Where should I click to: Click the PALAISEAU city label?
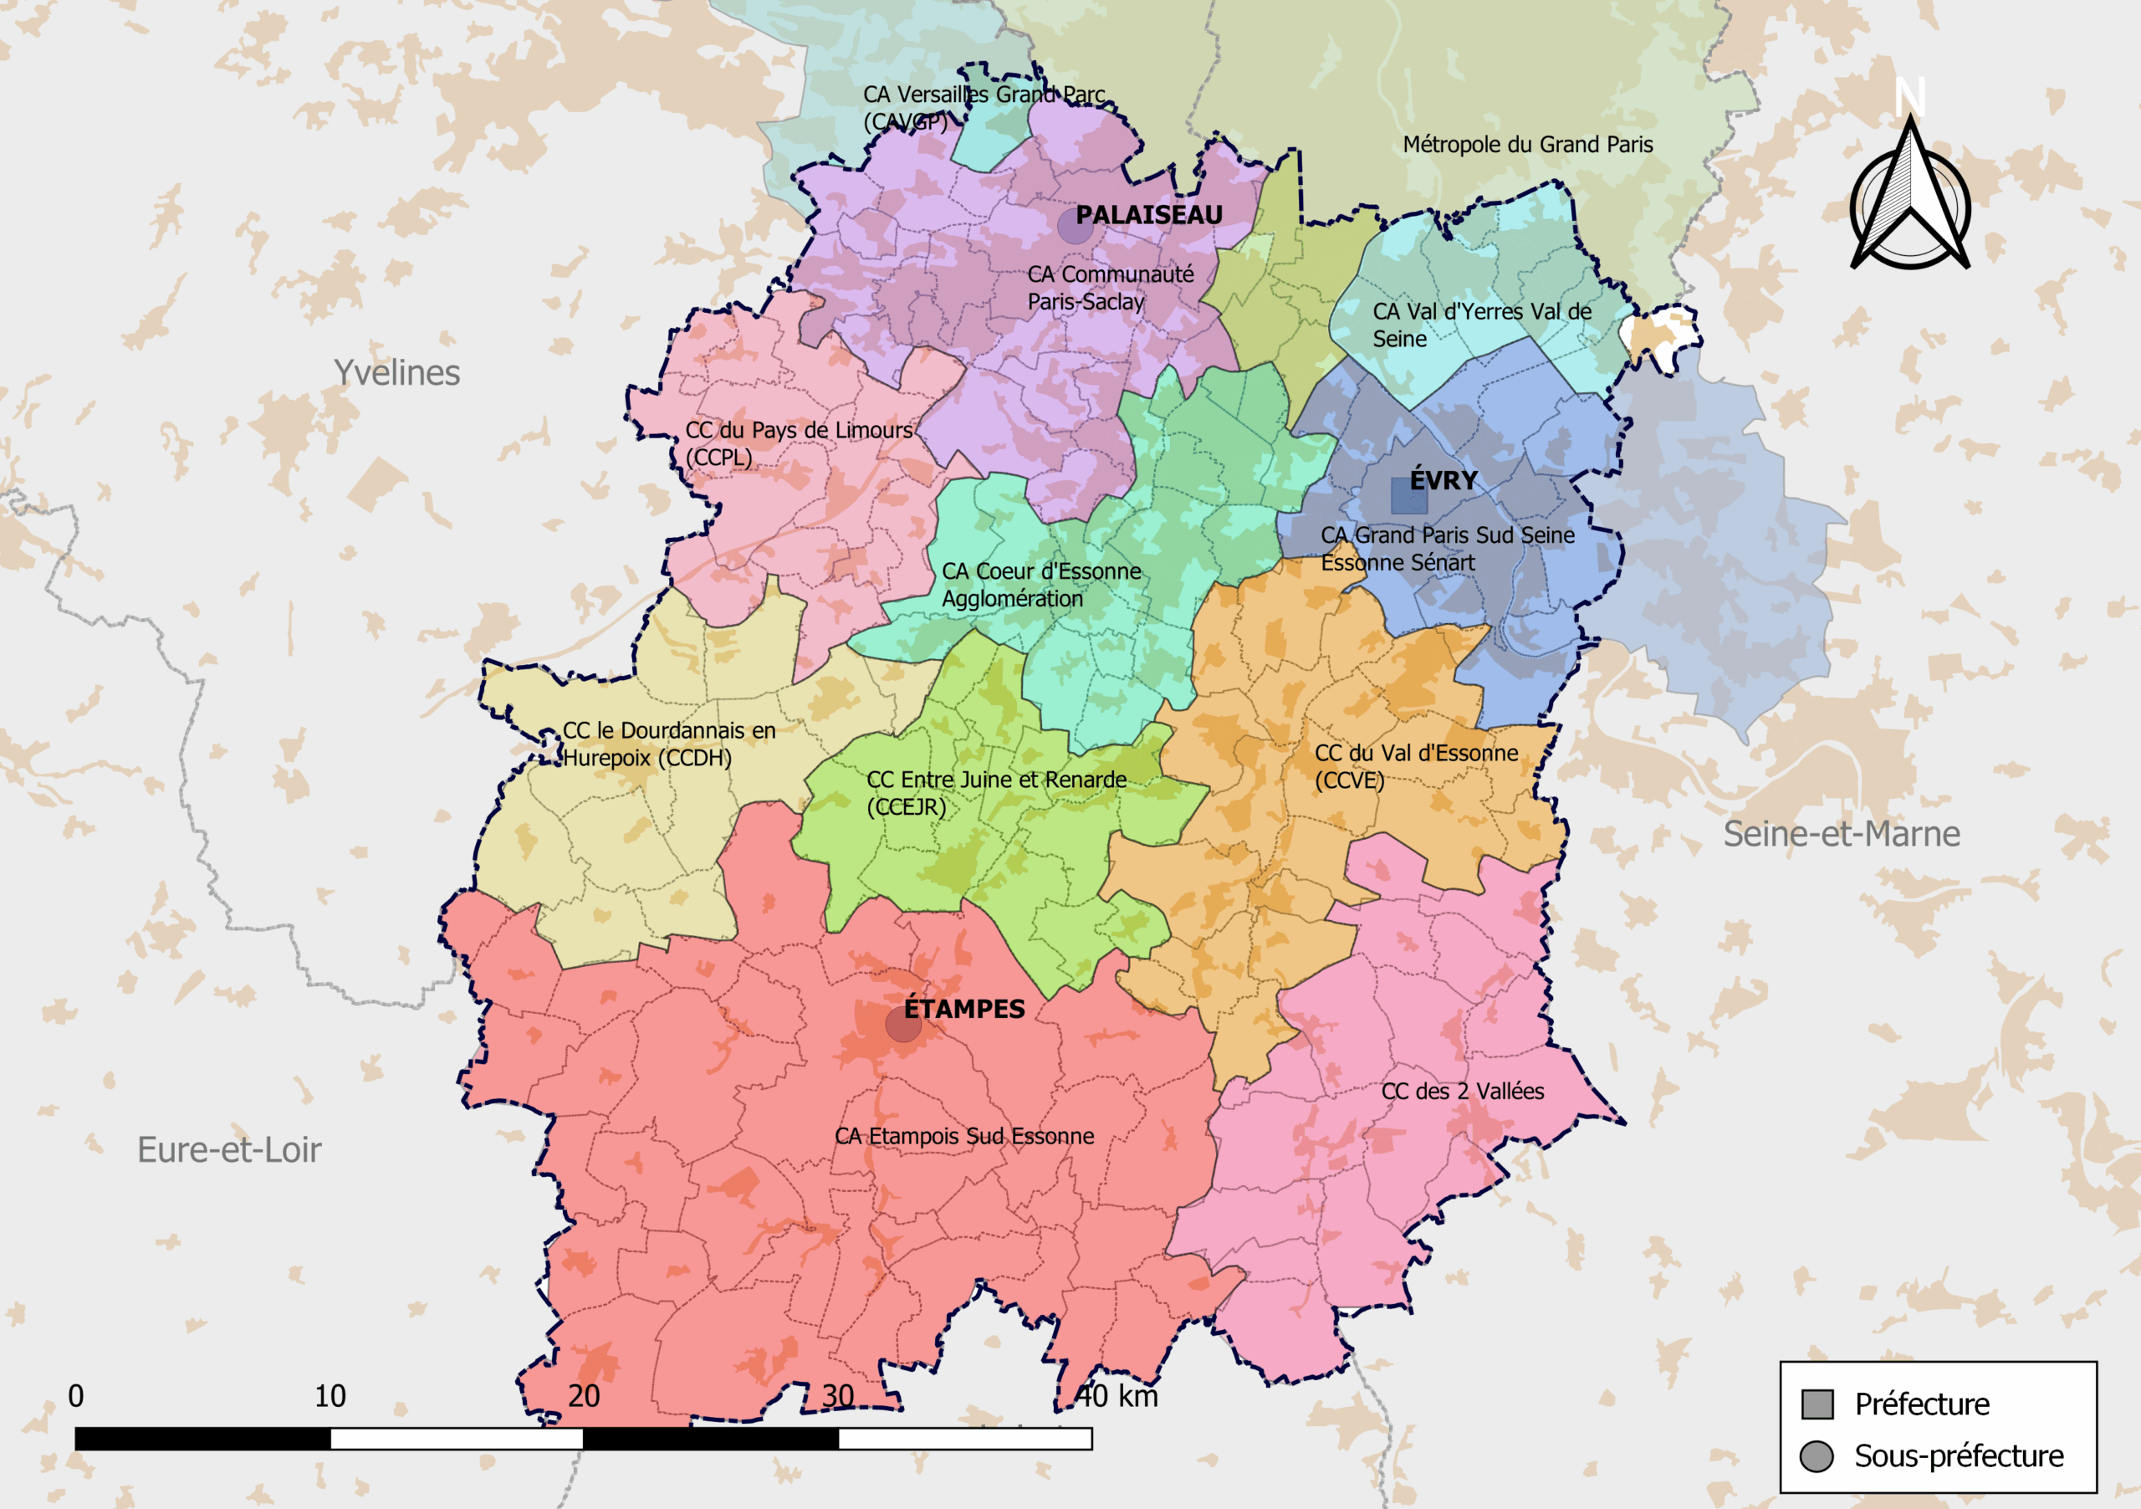[x=1148, y=216]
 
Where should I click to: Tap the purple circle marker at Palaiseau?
[x=1076, y=226]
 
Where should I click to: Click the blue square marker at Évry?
[x=1408, y=496]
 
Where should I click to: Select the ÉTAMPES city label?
[x=964, y=1009]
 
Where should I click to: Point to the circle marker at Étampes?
[x=902, y=1024]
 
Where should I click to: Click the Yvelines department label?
[x=396, y=373]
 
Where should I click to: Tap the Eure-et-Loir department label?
[x=229, y=1150]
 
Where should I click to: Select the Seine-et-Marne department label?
[x=1841, y=834]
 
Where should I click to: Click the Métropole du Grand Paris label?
[x=1527, y=145]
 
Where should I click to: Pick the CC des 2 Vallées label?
[x=1462, y=1091]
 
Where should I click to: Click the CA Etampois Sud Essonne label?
[x=964, y=1136]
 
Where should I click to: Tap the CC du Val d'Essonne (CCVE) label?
[x=1416, y=765]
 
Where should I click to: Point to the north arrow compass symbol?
[x=1909, y=196]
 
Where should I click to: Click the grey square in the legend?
[x=1817, y=1404]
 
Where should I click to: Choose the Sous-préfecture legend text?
[x=1958, y=1455]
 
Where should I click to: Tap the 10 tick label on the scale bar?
[x=330, y=1396]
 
